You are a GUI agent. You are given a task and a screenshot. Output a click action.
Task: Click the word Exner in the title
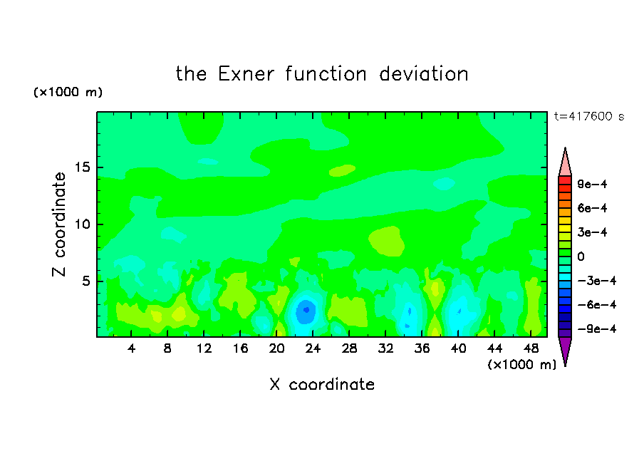[x=246, y=74]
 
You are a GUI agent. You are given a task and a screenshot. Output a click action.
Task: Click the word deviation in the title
[x=424, y=74]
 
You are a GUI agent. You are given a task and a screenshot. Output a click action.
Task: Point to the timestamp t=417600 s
[x=589, y=117]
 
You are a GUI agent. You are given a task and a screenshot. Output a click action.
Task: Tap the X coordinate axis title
[x=322, y=384]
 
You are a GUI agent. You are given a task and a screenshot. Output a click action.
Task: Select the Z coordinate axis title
[x=59, y=224]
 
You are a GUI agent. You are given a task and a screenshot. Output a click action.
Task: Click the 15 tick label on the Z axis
[x=82, y=167]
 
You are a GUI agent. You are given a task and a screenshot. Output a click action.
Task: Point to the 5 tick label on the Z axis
[x=85, y=281]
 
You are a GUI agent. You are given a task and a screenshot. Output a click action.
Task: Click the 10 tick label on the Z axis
[x=82, y=224]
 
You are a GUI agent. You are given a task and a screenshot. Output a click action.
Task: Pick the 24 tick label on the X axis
[x=313, y=348]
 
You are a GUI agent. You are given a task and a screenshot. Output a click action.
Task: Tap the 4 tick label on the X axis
[x=131, y=348]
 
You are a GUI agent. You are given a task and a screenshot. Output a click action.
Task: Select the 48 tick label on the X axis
[x=531, y=348]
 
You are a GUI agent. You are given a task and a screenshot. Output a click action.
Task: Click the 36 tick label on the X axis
[x=422, y=348]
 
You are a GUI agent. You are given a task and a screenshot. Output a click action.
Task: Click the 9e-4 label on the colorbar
[x=592, y=184]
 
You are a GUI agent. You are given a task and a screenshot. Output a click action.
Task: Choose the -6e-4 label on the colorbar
[x=596, y=305]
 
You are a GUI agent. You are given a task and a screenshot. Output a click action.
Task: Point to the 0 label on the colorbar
[x=581, y=257]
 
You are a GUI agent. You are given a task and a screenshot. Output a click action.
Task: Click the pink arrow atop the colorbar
[x=565, y=162]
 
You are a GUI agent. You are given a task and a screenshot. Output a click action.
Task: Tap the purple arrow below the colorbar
[x=565, y=351]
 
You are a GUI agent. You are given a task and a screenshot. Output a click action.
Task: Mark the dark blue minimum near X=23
[x=306, y=310]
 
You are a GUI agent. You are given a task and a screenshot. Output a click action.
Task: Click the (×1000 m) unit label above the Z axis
[x=68, y=92]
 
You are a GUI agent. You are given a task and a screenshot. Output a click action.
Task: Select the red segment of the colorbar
[x=565, y=180]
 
